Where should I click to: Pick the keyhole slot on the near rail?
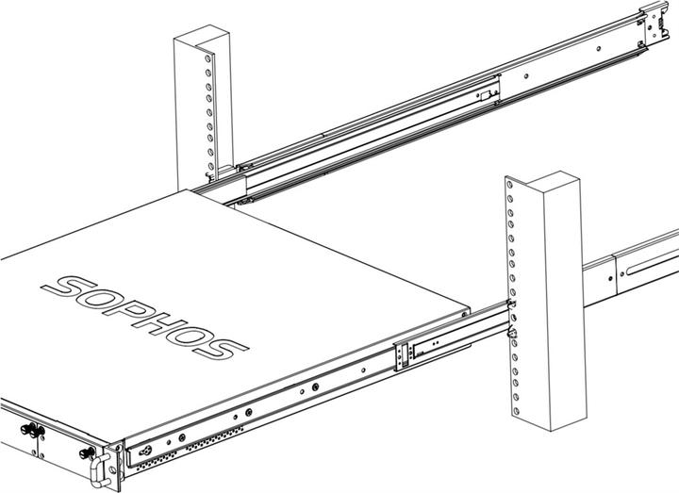(x=175, y=438)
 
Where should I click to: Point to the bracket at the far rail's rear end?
(x=654, y=27)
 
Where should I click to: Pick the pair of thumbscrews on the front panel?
(x=35, y=433)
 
